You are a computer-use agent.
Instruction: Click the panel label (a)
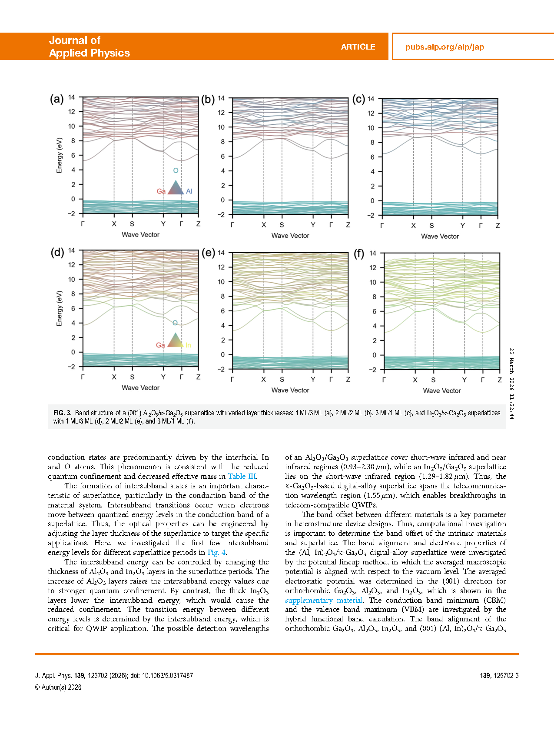click(x=56, y=99)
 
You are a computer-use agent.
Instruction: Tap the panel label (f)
click(x=359, y=254)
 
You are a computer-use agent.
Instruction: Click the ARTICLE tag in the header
click(x=358, y=47)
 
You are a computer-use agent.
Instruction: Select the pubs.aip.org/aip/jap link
click(x=445, y=47)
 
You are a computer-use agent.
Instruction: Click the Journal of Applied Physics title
click(x=89, y=47)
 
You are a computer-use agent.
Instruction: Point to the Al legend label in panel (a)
click(x=189, y=191)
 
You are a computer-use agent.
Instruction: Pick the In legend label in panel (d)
click(x=188, y=345)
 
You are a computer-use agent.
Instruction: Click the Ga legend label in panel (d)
click(x=160, y=345)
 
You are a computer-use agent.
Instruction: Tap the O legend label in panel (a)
click(x=176, y=170)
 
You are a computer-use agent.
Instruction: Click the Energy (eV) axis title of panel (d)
click(x=60, y=308)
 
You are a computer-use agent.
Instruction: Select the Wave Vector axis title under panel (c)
click(x=440, y=237)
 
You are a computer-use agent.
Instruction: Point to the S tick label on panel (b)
click(x=282, y=225)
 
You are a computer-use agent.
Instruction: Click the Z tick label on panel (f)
click(x=500, y=380)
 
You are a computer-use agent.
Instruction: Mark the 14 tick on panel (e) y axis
click(x=221, y=253)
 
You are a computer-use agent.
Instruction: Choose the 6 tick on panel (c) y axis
click(x=372, y=157)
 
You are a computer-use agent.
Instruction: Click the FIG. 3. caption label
click(x=62, y=413)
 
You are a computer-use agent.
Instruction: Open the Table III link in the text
click(x=242, y=476)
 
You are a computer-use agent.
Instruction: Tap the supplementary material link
click(x=324, y=600)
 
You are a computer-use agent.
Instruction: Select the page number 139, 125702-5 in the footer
click(x=499, y=675)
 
